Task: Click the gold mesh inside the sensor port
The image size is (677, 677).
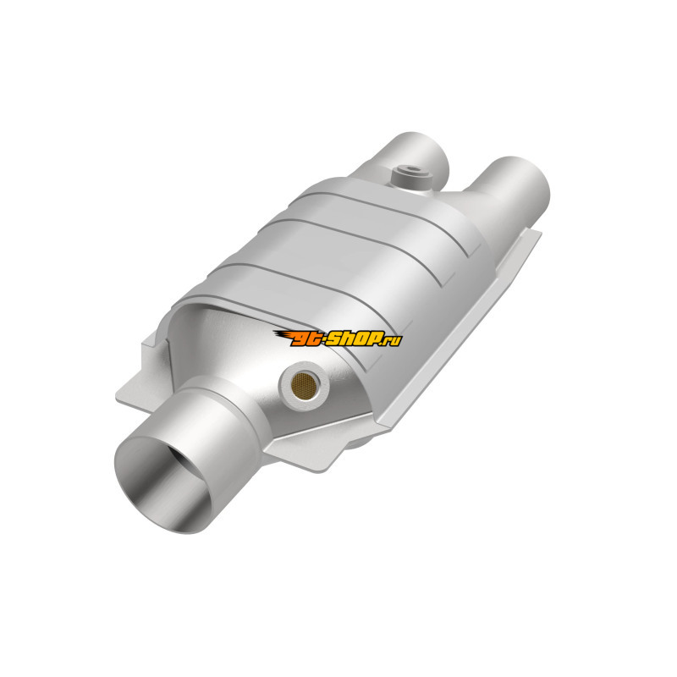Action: pyautogui.click(x=304, y=385)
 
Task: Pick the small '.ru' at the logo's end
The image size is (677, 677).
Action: pyautogui.click(x=394, y=340)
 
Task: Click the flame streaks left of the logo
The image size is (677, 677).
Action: pyautogui.click(x=283, y=336)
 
